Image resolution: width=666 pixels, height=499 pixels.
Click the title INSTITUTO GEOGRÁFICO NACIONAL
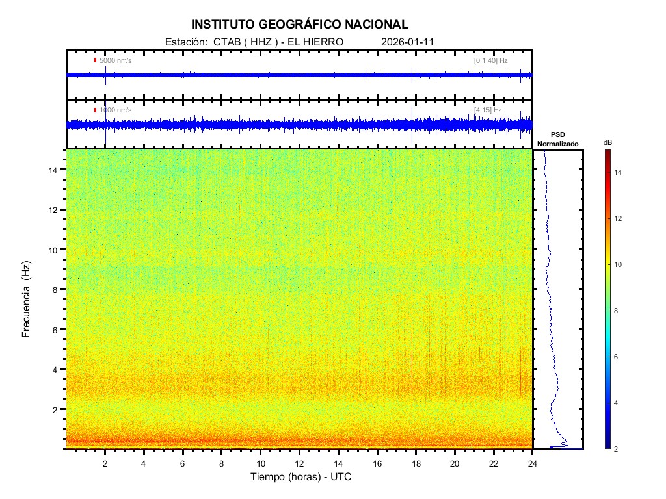coord(300,25)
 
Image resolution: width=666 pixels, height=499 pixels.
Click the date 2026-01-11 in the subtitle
coord(407,42)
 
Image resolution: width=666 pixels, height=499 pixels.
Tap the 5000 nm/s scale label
coord(116,60)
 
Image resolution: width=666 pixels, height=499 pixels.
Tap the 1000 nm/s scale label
coord(116,110)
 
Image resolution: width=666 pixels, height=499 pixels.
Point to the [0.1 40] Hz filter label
coord(490,60)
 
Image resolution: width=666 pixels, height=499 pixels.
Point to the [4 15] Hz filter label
coord(488,110)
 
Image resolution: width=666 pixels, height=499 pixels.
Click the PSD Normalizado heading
coord(557,139)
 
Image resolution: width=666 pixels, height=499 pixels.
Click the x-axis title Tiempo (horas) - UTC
coord(301,477)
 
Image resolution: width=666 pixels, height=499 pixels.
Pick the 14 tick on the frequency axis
coord(55,170)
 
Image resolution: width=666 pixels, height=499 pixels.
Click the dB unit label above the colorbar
coord(607,142)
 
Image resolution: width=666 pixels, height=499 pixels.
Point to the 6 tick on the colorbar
coord(620,357)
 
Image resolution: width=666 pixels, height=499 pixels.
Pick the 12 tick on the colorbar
coord(621,219)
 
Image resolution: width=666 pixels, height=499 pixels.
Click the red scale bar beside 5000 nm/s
coord(95,60)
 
